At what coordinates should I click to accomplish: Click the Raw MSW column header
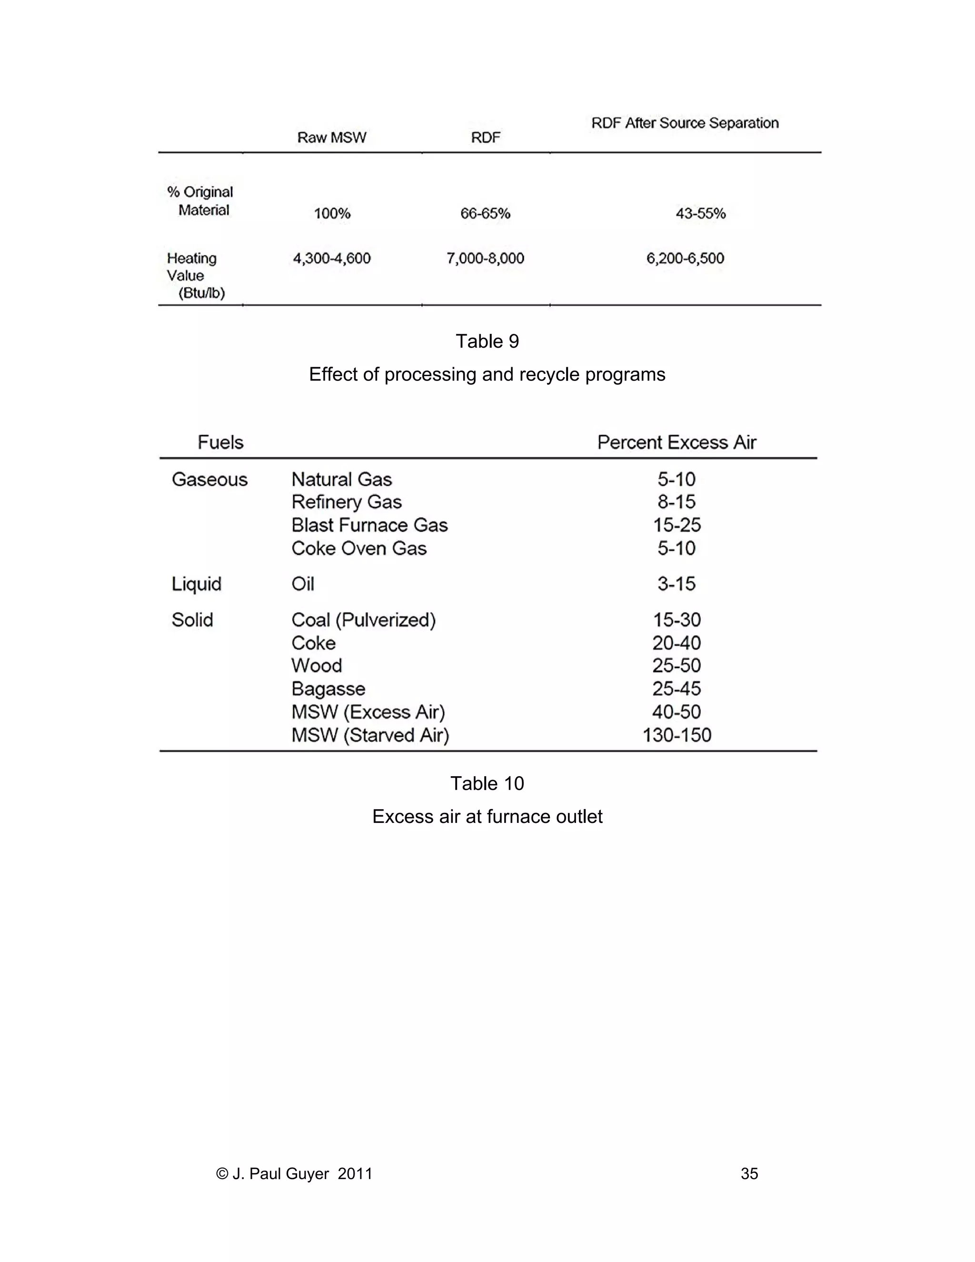coord(331,138)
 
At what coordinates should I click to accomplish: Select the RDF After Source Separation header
coord(685,123)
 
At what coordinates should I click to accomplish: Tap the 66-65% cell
coord(485,214)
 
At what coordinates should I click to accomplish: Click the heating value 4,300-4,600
coord(331,258)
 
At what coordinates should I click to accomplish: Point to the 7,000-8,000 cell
coord(485,258)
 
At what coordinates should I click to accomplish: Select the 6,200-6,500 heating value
coord(685,258)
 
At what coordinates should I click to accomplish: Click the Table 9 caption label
coord(487,341)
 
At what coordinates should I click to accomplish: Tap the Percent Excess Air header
coord(677,442)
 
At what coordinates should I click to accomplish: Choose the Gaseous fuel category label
coord(209,480)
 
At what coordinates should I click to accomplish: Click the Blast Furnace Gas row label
coord(369,525)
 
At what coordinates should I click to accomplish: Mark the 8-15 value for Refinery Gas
coord(677,502)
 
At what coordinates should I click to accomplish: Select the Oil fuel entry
coord(303,584)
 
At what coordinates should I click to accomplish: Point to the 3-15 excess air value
coord(677,584)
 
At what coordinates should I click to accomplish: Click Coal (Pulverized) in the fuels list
coord(363,620)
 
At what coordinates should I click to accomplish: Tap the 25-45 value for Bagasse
coord(677,689)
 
